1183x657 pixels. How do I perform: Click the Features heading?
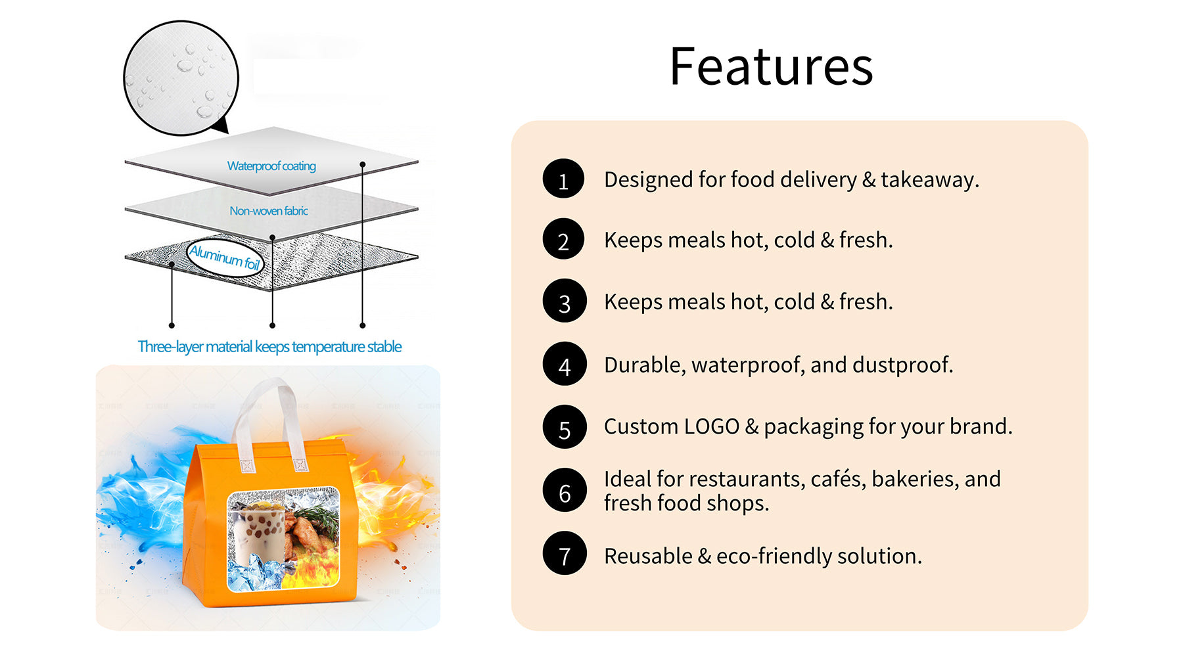[771, 66]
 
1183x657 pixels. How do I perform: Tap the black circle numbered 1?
[563, 179]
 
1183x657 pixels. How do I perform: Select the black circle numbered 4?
[564, 363]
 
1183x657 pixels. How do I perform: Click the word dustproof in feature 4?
[902, 365]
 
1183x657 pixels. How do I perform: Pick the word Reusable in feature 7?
[648, 556]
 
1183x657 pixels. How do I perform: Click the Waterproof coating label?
[271, 166]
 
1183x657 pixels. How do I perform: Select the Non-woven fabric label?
[268, 211]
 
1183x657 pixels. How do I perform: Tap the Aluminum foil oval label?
[225, 257]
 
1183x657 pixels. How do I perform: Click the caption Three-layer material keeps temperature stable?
[269, 347]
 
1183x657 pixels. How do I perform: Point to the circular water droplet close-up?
[181, 78]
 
